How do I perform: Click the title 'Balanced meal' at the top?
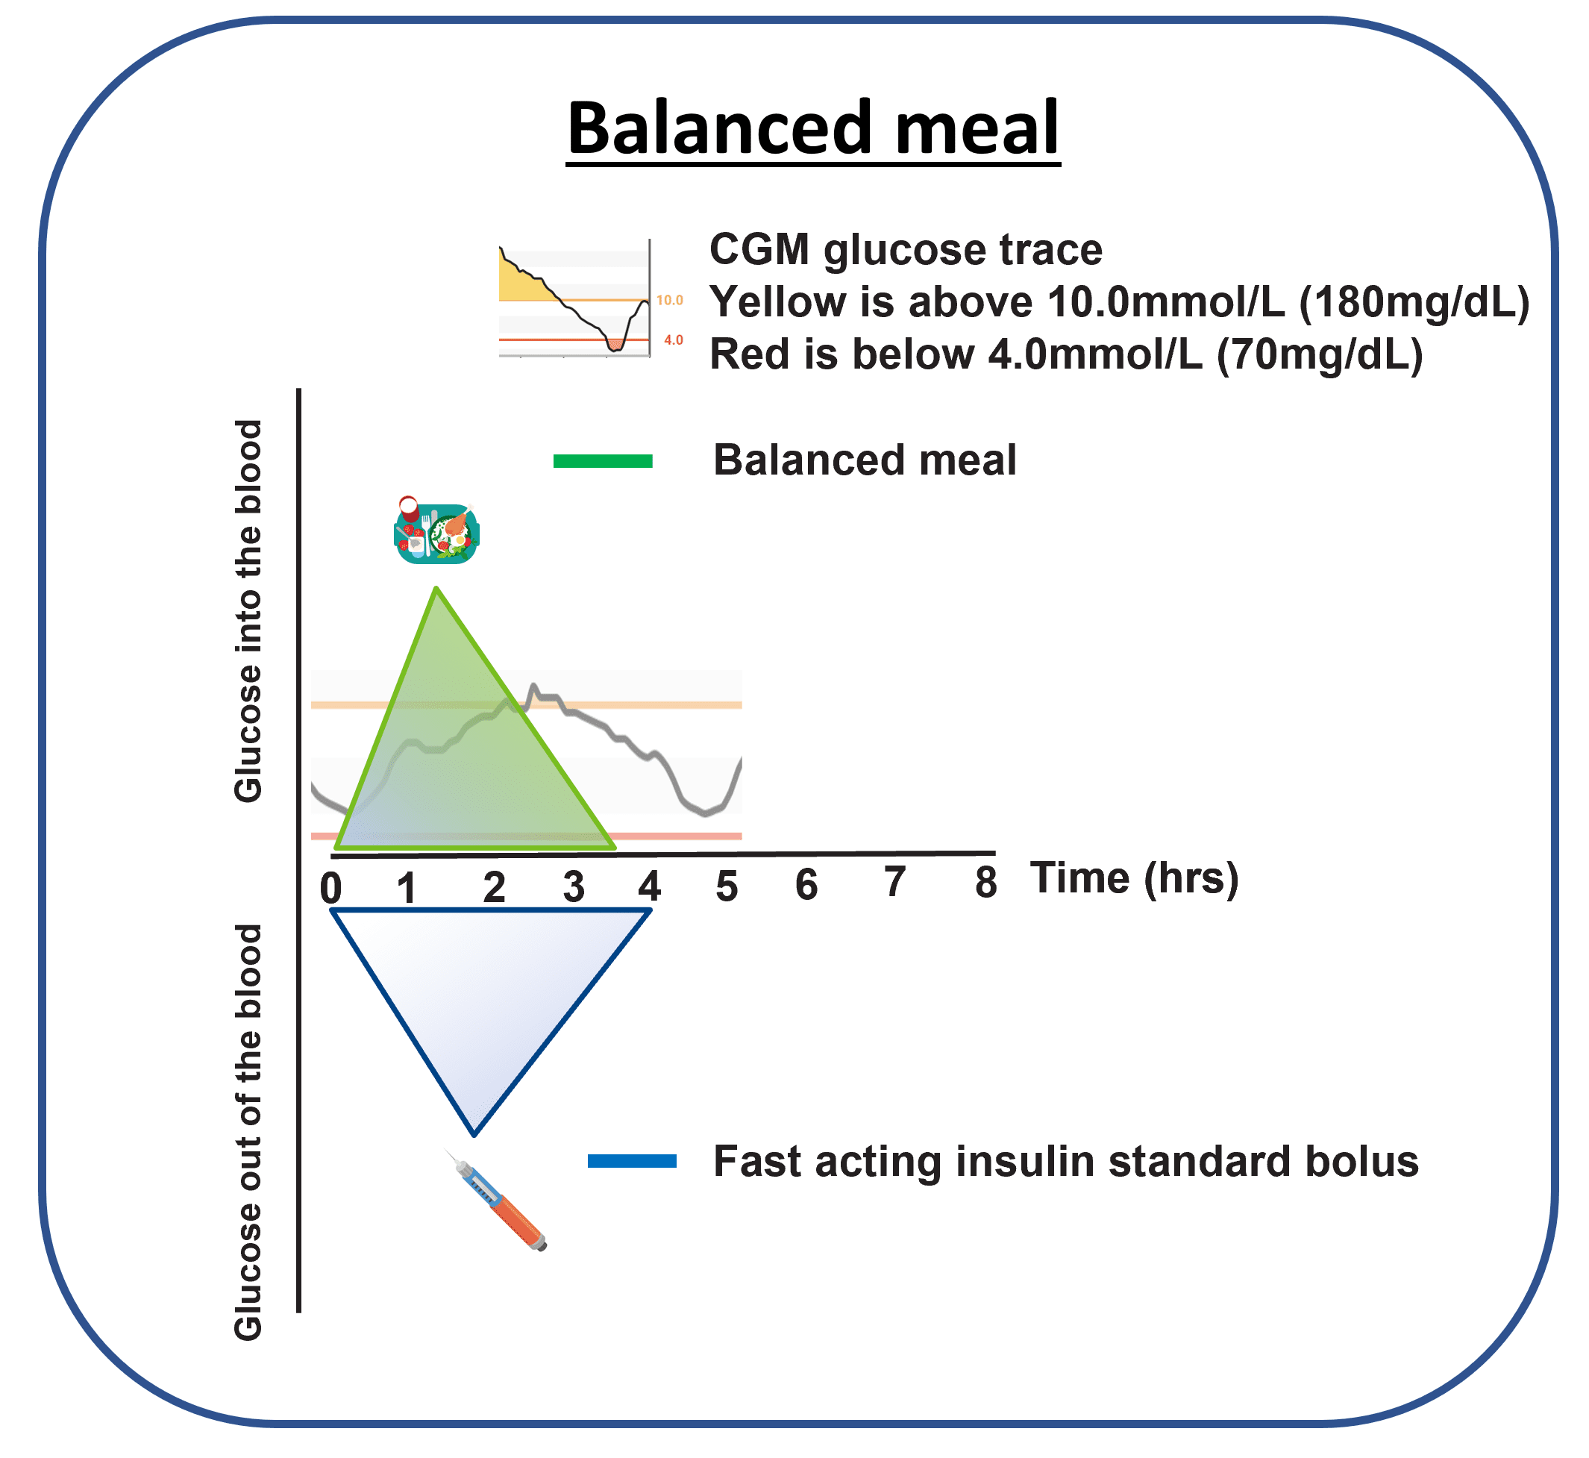pos(812,128)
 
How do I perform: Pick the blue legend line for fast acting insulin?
pos(632,1160)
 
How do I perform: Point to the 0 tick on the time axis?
pos(331,889)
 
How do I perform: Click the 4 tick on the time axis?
pos(649,886)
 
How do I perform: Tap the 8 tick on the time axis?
pos(985,883)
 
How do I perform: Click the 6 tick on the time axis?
pos(806,885)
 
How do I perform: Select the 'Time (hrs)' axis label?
pos(1135,878)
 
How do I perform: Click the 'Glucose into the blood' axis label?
pos(248,611)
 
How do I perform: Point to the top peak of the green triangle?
pos(436,589)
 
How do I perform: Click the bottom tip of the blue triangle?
pos(474,1133)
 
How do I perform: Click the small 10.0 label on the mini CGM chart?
pos(670,301)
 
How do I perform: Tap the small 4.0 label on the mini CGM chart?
pos(673,341)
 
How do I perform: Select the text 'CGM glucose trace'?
pos(906,251)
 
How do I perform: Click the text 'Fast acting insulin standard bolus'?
pos(1066,1161)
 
